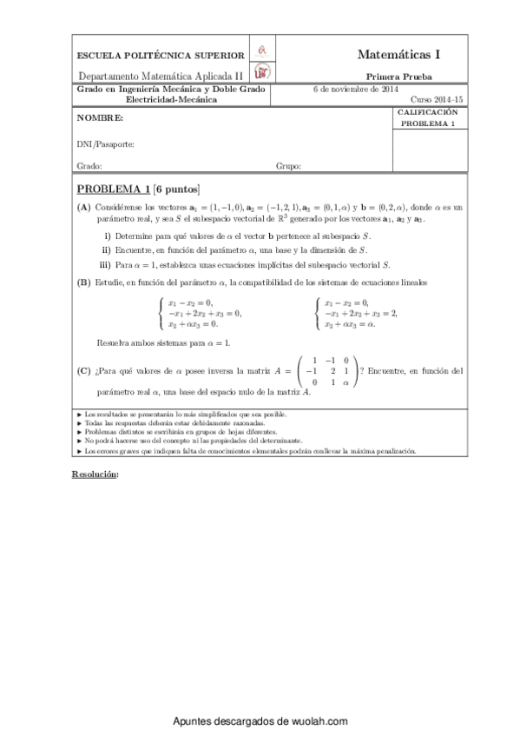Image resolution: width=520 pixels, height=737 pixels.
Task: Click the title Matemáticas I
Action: (398, 54)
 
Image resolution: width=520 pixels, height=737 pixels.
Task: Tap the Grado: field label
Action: (89, 165)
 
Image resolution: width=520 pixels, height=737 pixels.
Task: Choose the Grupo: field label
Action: (288, 165)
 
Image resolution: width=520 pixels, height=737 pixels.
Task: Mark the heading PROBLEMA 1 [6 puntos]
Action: (138, 189)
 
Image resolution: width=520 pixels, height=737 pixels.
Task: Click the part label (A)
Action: (83, 208)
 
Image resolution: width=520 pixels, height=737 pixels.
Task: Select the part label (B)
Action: (83, 282)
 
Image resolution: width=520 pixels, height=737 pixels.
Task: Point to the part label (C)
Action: (83, 371)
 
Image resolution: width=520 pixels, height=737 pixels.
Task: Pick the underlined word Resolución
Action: (93, 475)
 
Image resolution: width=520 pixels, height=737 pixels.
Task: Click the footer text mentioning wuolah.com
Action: (260, 721)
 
